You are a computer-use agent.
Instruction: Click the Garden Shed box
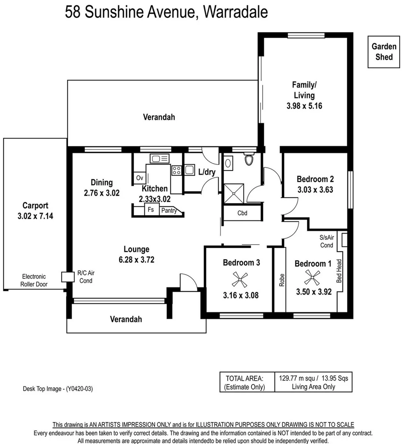tap(384, 52)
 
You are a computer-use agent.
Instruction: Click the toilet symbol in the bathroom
tap(249, 159)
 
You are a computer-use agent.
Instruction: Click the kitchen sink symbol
tap(160, 158)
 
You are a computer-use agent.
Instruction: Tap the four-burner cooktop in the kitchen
tap(177, 170)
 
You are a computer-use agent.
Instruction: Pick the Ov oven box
tap(139, 178)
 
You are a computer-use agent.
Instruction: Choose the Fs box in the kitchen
tap(151, 210)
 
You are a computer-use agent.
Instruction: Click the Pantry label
tap(169, 210)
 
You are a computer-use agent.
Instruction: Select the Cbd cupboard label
tap(242, 213)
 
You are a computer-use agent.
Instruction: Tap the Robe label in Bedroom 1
tap(282, 280)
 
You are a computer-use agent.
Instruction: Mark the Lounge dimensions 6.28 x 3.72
tap(136, 259)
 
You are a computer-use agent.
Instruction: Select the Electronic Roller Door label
tap(34, 280)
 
